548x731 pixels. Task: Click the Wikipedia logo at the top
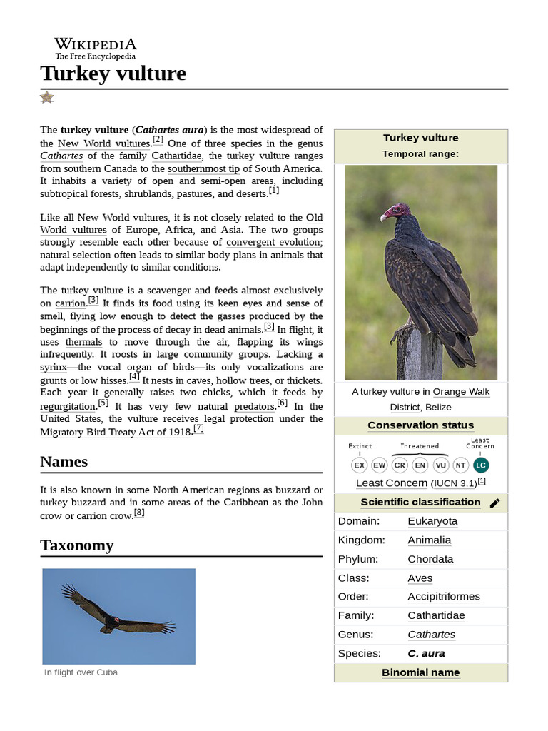(96, 48)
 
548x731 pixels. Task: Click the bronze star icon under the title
(47, 97)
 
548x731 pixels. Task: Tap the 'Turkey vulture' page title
(113, 73)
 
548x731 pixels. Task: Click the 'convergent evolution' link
(273, 242)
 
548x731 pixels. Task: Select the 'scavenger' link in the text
(168, 291)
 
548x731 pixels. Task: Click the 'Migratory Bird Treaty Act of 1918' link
(116, 432)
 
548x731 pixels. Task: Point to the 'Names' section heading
(64, 462)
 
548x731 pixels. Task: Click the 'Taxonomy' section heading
(77, 545)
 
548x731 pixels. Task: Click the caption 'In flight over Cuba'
(81, 672)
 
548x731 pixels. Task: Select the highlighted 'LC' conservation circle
(481, 465)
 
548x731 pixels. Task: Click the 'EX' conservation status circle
(360, 465)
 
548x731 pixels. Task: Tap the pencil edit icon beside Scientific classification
(495, 503)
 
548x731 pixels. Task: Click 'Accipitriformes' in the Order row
(443, 597)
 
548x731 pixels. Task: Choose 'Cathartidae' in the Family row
(435, 615)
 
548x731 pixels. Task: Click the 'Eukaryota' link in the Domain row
(432, 521)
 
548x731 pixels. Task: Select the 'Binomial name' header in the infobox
(420, 672)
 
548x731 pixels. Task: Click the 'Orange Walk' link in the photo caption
(461, 392)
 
